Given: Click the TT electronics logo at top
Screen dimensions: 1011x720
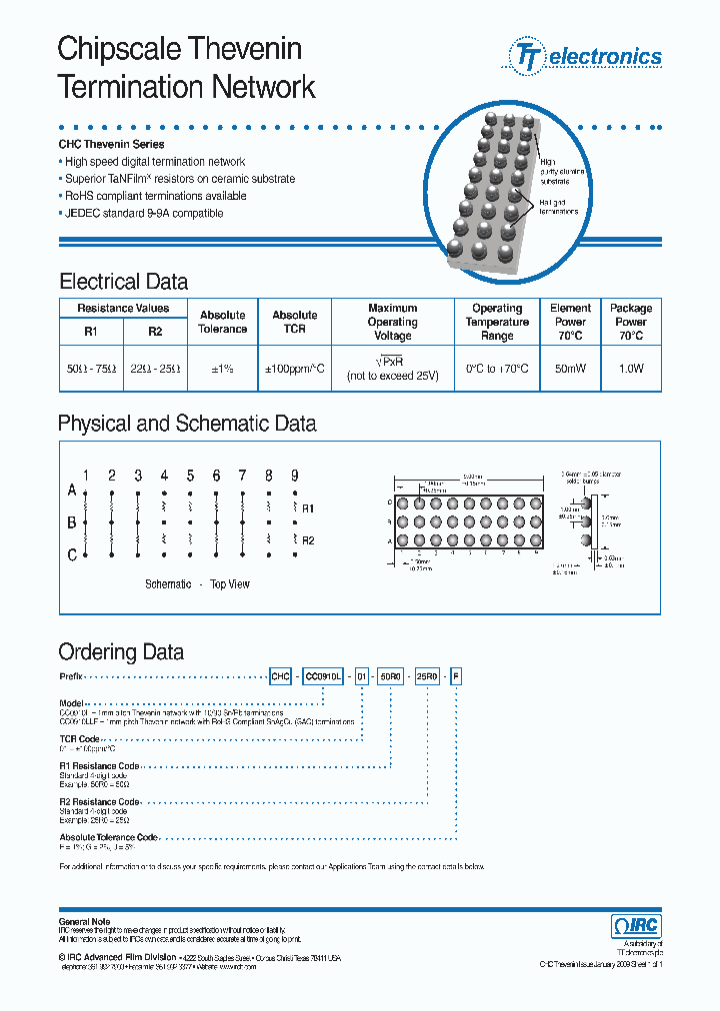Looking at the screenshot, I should click(587, 56).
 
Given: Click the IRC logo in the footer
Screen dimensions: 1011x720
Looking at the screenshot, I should click(636, 925).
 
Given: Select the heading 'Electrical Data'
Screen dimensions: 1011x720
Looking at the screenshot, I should click(123, 282).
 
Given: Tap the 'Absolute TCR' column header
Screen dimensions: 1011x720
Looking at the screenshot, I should click(294, 322).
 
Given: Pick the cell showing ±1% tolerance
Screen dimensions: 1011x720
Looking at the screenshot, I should click(222, 369).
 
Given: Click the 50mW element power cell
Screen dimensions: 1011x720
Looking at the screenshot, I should click(570, 369).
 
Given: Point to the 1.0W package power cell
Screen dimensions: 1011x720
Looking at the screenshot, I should click(631, 369).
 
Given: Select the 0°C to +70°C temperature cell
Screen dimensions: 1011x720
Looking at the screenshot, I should click(497, 369).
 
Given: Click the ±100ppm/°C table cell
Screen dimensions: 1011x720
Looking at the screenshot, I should click(294, 369).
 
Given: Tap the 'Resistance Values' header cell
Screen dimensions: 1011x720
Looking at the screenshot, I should click(123, 308).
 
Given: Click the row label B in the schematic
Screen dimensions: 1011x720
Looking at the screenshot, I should click(72, 522).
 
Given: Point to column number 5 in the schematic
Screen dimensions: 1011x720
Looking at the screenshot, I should click(190, 476).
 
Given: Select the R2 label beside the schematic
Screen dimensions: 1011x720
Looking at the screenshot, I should click(308, 540).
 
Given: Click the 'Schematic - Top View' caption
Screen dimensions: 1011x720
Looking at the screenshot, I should click(197, 584).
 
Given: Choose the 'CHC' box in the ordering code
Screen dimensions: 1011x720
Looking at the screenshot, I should click(280, 676).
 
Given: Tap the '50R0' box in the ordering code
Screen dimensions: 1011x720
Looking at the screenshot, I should click(391, 676).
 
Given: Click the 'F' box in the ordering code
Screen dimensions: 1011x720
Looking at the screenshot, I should click(457, 676).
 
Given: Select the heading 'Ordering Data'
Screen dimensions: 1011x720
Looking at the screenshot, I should click(121, 652).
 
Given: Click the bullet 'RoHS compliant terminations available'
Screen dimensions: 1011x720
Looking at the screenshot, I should click(155, 196).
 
